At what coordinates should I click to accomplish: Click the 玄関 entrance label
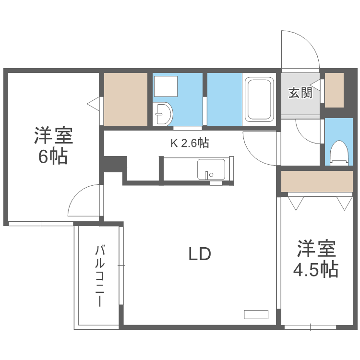300,93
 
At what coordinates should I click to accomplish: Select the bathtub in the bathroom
259,100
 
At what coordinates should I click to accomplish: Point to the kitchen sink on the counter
210,170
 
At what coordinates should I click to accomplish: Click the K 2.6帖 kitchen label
189,143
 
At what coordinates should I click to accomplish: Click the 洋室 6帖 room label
53,145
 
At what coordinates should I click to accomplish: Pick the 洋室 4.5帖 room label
315,259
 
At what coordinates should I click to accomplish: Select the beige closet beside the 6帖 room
126,99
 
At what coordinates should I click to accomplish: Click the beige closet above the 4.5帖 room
317,180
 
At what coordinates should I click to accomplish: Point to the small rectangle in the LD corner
255,314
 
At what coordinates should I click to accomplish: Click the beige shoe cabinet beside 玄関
335,90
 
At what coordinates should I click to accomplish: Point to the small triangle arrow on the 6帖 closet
93,102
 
